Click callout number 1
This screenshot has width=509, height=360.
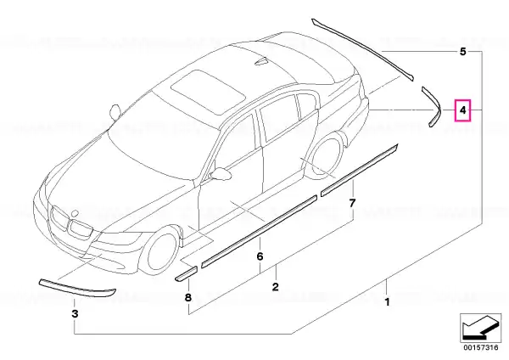pos(387,302)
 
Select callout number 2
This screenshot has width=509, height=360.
pos(275,287)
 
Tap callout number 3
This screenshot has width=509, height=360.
pos(75,314)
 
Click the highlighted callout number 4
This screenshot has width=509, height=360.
pos(463,110)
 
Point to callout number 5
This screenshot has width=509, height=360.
pos(463,52)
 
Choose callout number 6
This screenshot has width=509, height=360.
pos(260,256)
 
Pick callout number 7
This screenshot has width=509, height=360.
pos(352,204)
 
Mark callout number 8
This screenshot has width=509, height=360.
pos(188,297)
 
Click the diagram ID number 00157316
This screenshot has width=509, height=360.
pos(481,347)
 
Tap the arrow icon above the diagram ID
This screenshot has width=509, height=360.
pos(480,328)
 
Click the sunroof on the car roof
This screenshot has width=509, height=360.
pos(208,92)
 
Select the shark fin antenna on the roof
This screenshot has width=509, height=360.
pos(261,62)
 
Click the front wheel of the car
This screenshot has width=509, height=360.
pos(160,251)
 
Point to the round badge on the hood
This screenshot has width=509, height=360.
pos(75,213)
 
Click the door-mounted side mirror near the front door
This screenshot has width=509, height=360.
pos(221,173)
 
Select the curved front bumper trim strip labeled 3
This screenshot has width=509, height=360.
pos(77,288)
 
